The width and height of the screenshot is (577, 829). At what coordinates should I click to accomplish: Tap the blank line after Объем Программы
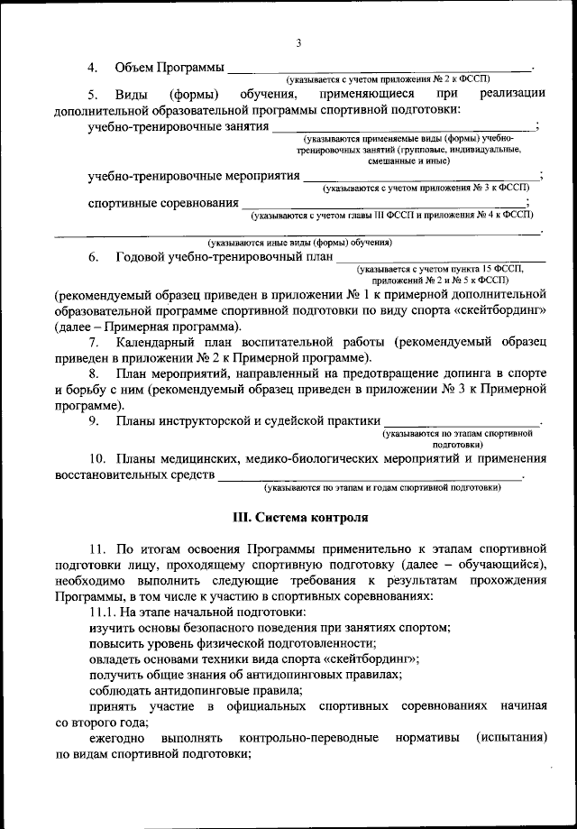[379, 69]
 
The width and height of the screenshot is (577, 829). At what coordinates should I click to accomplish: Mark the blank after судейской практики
[463, 422]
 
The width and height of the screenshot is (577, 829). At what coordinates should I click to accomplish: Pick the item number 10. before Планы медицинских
[98, 458]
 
